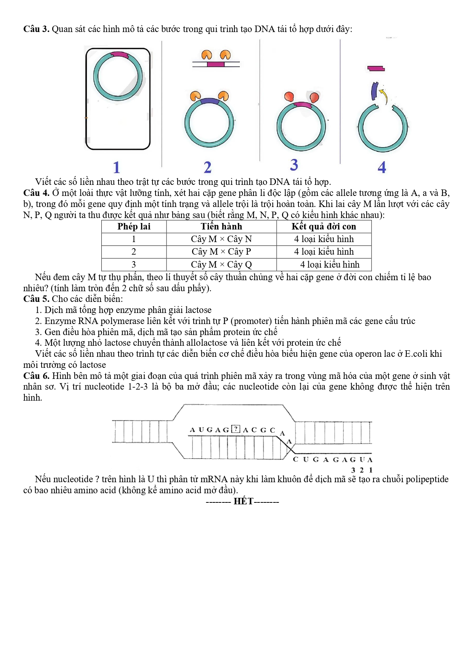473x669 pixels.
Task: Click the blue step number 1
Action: (117, 167)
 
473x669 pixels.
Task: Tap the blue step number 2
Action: (207, 167)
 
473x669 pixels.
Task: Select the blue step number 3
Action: (294, 165)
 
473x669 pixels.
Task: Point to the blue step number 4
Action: (382, 167)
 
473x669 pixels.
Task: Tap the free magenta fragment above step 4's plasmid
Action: (376, 69)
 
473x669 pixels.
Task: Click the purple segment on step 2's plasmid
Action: (209, 101)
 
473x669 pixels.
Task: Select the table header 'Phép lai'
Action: (134, 226)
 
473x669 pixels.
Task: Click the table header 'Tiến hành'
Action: (221, 226)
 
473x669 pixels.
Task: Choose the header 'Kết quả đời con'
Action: (324, 226)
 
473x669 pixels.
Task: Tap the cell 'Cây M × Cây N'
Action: (221, 239)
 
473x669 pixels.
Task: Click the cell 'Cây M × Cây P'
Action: (221, 252)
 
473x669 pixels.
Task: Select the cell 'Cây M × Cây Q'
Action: (221, 265)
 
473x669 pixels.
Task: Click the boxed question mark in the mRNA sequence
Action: (236, 429)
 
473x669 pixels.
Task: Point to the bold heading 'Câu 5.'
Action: (36, 299)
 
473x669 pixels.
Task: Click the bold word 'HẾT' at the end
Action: (243, 501)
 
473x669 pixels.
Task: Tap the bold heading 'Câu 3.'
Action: (36, 29)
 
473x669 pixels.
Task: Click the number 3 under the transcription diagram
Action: (353, 470)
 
